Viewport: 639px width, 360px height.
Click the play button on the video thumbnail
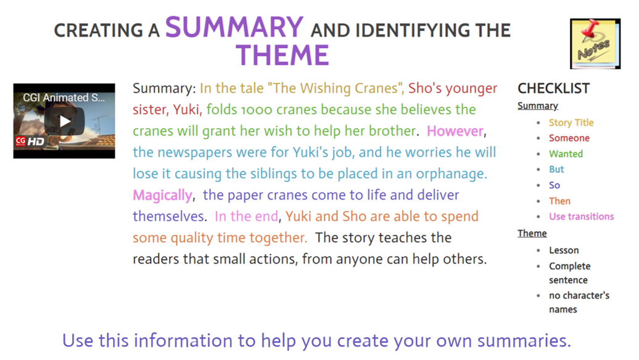pos(64,121)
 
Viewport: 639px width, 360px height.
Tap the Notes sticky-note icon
pos(595,44)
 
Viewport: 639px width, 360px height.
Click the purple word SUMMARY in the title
pos(234,27)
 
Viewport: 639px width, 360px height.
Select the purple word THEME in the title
pos(282,55)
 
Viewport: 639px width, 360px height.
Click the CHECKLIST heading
pos(553,88)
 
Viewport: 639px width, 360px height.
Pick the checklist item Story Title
pos(571,123)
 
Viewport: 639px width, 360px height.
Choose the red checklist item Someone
pos(569,138)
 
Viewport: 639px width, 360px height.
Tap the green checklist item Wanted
pos(566,154)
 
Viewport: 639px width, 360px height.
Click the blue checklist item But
pos(556,170)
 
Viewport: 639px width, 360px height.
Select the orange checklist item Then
pos(559,201)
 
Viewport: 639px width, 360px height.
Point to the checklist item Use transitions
pos(581,216)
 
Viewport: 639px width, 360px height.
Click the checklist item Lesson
pos(564,250)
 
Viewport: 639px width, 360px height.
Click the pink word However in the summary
pos(455,131)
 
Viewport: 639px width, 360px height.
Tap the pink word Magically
pos(162,195)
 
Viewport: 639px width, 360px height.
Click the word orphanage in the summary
pos(450,174)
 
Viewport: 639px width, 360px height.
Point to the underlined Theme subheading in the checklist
pos(532,234)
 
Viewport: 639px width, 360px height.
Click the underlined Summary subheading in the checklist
pos(537,106)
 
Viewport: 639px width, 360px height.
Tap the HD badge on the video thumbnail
pos(35,142)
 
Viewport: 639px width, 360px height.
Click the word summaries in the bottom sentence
pos(524,341)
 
